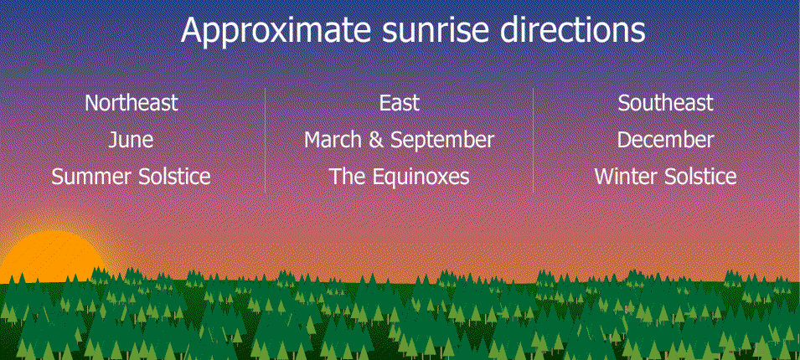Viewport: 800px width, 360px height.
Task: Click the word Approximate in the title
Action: tap(276, 32)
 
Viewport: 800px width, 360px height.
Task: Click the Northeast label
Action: tap(132, 103)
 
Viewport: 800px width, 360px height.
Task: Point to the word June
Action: tap(132, 140)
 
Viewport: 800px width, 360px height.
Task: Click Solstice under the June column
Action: tap(174, 177)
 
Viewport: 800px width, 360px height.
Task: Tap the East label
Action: tap(399, 103)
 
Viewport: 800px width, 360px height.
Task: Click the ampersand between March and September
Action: tap(376, 140)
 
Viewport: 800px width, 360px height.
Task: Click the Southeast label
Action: tap(665, 103)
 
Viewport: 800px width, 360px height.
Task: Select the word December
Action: tap(665, 140)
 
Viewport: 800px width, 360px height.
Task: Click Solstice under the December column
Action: tap(700, 177)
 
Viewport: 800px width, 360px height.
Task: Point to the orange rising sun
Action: tap(51, 258)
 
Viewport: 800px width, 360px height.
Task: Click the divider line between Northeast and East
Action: tap(266, 140)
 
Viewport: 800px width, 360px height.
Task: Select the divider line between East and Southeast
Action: tap(533, 140)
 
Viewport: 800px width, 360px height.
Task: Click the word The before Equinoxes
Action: tap(348, 177)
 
